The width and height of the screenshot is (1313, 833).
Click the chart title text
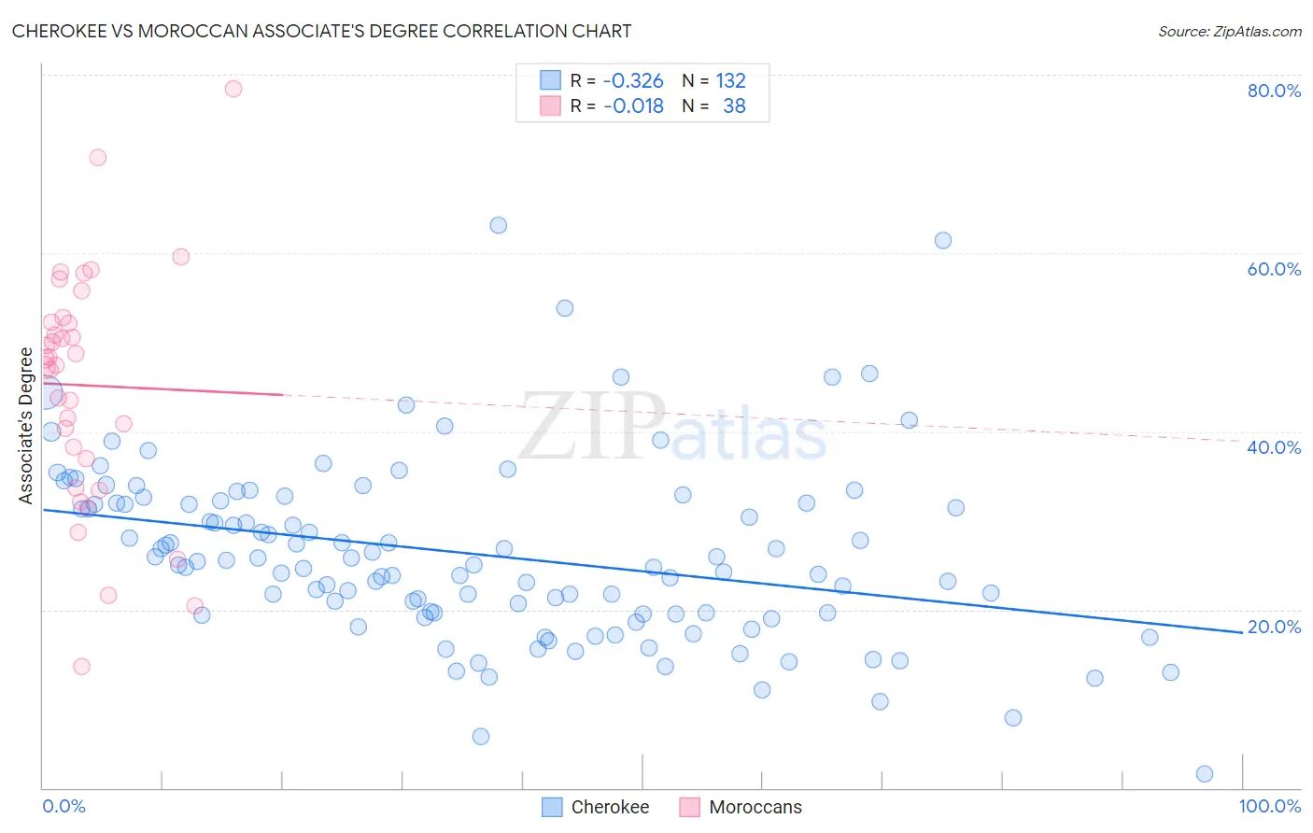coord(321,31)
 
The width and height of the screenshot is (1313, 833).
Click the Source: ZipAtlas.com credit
coord(1229,31)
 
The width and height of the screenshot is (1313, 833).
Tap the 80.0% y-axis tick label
coord(1274,91)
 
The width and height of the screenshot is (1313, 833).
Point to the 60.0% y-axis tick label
coord(1274,269)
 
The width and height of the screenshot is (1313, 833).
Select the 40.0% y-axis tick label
coord(1274,447)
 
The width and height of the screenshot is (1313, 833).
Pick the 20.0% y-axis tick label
coord(1274,627)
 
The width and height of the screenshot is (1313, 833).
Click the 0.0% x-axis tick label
coord(64,806)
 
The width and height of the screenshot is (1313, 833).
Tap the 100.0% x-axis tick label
coord(1269,806)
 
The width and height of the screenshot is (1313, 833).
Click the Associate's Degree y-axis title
coord(26,426)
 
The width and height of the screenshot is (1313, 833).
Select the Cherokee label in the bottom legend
coord(610,807)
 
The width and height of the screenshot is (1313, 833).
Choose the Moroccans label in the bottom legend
coord(755,807)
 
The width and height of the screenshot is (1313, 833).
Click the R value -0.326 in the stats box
coord(633,80)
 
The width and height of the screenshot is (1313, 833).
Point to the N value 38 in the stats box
coord(734,106)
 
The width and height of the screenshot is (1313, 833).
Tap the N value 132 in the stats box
coord(730,80)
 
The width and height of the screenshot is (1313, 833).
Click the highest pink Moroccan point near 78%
coord(233,89)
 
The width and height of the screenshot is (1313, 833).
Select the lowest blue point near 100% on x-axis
coord(1205,773)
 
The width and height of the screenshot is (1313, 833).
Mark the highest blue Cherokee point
coord(499,225)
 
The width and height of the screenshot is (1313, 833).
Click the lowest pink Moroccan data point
coord(81,666)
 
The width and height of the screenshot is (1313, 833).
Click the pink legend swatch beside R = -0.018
coord(551,106)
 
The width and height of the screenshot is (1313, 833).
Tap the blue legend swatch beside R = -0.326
coord(551,80)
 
